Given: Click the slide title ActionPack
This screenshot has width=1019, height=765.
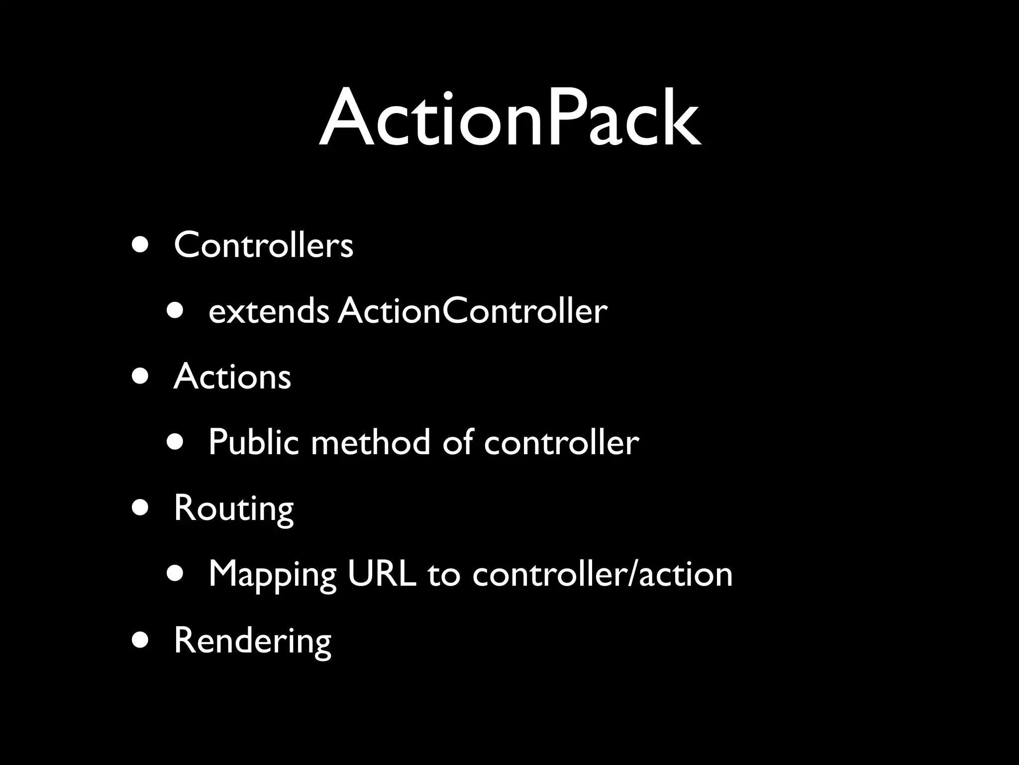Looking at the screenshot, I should coord(509,120).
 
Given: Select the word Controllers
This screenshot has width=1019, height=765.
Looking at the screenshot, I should coord(263,245).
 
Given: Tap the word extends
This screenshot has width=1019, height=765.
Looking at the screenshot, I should coord(268,311).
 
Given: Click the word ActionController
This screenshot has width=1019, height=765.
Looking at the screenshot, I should coord(473,311).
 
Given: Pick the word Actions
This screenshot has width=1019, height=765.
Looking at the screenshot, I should coord(232,377).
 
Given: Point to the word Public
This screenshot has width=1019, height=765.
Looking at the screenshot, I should coord(253,442).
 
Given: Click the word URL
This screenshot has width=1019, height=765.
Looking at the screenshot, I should coord(382,574).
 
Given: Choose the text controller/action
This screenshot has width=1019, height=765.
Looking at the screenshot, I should coord(602,574).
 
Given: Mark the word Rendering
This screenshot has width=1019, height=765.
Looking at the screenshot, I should coord(252,640).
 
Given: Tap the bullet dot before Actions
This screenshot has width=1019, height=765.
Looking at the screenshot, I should coord(141,377).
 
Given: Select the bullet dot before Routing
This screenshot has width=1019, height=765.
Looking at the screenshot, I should coord(141,508).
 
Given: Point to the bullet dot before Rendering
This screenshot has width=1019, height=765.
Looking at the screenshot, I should coord(141,640).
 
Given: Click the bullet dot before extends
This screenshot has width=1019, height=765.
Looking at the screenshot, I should coord(175,311).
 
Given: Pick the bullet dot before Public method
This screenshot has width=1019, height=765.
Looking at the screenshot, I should coord(175,442).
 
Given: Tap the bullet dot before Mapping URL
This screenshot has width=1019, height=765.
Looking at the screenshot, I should coord(175,574).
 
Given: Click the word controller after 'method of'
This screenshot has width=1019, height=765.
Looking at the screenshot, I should coord(561,442).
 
